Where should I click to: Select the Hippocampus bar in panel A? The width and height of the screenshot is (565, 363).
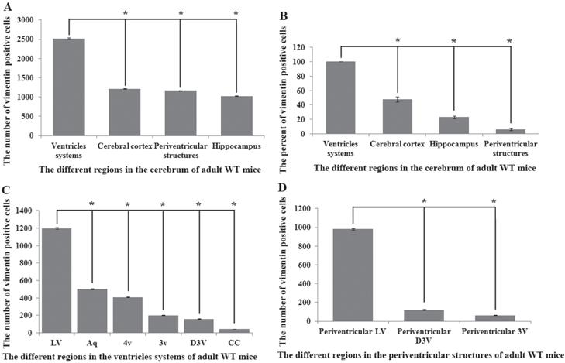pyautogui.click(x=235, y=116)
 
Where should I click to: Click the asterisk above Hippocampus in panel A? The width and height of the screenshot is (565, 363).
pyautogui.click(x=236, y=14)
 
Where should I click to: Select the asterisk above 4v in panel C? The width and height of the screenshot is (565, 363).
pyautogui.click(x=126, y=205)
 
